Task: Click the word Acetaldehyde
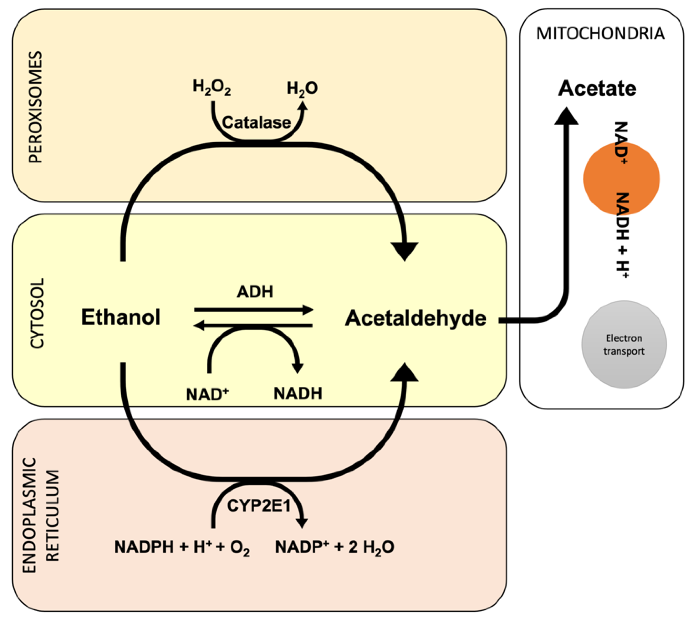click(x=415, y=318)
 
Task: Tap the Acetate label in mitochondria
click(x=597, y=88)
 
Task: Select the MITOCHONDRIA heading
click(x=600, y=34)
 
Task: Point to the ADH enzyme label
click(x=255, y=292)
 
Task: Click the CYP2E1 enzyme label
click(x=259, y=505)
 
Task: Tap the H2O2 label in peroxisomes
click(x=211, y=87)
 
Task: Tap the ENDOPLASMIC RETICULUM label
click(x=41, y=515)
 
